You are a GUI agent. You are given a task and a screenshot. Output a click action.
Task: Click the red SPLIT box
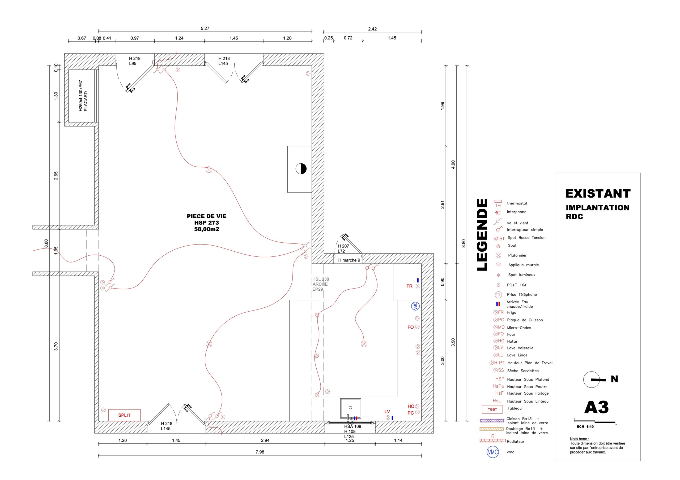click(x=124, y=415)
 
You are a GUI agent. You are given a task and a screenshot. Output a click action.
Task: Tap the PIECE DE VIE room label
click(x=206, y=216)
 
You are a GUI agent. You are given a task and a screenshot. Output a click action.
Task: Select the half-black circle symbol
click(x=301, y=169)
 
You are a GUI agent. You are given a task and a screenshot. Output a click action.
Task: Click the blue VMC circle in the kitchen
click(x=415, y=306)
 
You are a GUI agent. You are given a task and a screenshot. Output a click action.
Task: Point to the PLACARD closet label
click(x=86, y=101)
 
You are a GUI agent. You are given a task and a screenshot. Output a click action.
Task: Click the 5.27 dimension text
click(x=205, y=28)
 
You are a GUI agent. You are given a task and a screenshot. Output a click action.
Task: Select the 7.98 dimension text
click(x=260, y=452)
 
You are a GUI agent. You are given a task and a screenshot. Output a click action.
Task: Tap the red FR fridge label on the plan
click(x=409, y=286)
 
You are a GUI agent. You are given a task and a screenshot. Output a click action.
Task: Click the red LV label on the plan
click(x=387, y=411)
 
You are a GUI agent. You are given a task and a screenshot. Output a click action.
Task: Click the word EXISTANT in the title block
click(x=598, y=194)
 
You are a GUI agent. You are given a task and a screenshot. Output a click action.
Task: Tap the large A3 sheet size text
click(x=596, y=407)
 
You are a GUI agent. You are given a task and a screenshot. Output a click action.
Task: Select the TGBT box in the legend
click(x=492, y=409)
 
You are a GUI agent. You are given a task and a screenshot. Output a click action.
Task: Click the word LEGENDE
click(x=482, y=235)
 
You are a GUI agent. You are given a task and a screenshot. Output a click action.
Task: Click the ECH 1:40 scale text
click(x=585, y=426)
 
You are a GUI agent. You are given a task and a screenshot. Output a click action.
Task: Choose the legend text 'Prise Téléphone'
click(x=522, y=295)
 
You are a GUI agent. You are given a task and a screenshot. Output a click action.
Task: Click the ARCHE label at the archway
click(x=320, y=284)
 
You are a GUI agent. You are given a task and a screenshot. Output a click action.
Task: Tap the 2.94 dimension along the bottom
click(x=265, y=440)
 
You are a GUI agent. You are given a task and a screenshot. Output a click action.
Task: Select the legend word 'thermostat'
click(x=517, y=203)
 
